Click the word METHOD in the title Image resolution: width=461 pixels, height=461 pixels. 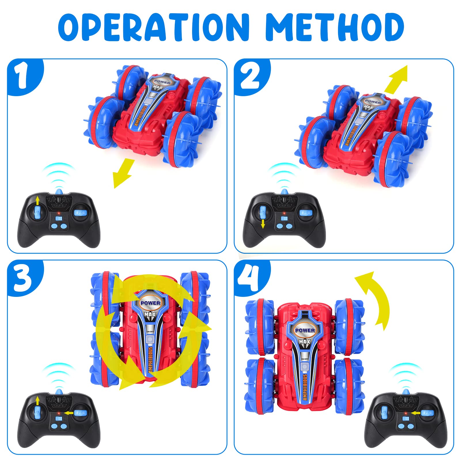pos(334,27)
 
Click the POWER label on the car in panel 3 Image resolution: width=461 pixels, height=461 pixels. pos(150,303)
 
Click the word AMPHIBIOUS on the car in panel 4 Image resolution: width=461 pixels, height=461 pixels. pos(305,387)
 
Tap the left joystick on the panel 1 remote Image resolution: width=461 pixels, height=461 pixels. pos(37,213)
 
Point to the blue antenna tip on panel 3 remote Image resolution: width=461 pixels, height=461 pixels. pos(59,392)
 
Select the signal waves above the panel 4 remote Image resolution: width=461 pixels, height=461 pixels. pos(407,376)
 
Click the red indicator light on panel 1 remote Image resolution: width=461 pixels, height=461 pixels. pos(58,213)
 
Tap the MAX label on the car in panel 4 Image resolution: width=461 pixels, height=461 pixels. pos(305,342)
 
